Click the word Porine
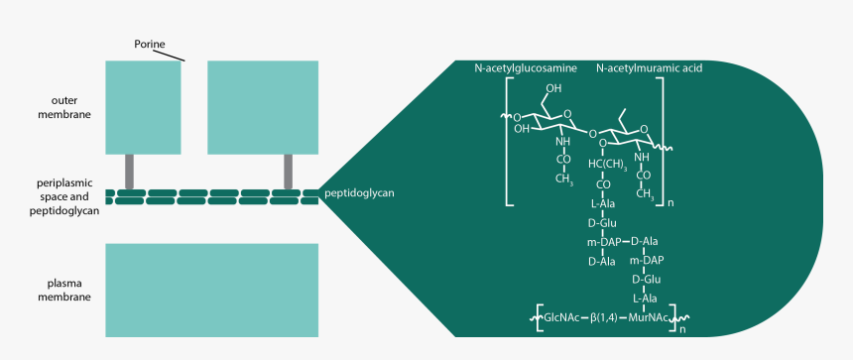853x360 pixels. click(x=150, y=43)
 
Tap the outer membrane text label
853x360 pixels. click(x=70, y=107)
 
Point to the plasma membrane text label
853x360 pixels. click(x=71, y=289)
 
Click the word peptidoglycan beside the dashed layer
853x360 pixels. click(x=359, y=192)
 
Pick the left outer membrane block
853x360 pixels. click(x=144, y=107)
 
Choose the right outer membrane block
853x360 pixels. click(x=263, y=107)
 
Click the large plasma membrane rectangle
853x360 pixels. click(x=212, y=290)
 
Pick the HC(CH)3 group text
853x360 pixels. click(x=607, y=164)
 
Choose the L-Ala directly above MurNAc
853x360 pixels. click(x=647, y=298)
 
